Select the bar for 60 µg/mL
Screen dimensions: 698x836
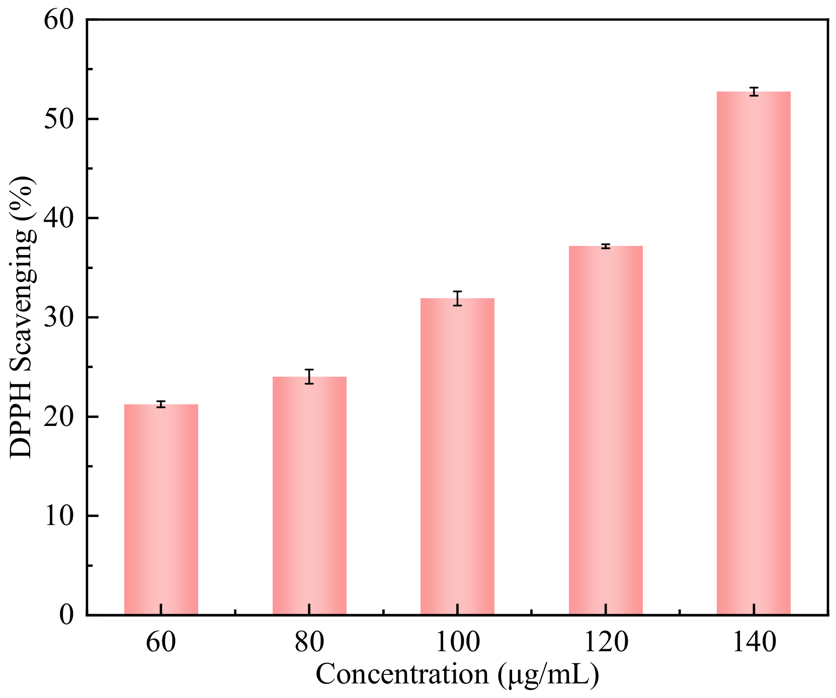161,509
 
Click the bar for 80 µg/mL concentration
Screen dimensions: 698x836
309,495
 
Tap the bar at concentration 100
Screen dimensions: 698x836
457,456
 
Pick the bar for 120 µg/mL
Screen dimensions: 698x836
606,430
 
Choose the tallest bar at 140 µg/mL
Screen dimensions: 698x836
754,353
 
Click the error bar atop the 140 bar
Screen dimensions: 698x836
754,92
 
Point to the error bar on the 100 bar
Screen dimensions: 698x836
457,298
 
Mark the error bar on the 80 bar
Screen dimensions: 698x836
309,377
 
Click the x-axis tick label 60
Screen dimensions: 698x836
161,642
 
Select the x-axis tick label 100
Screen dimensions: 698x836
457,642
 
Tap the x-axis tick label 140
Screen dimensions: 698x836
754,642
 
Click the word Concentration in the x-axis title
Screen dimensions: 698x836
402,674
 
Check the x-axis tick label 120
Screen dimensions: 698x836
606,642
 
